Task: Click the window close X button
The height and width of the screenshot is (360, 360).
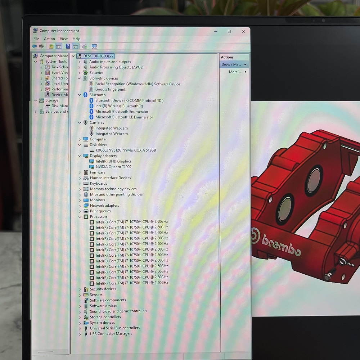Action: pyautogui.click(x=243, y=31)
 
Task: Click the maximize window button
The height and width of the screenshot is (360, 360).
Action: pyautogui.click(x=229, y=31)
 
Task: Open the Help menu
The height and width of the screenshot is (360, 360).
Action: pyautogui.click(x=76, y=39)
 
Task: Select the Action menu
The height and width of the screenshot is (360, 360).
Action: pyautogui.click(x=49, y=39)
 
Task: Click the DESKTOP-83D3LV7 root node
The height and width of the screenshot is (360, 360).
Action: pyautogui.click(x=98, y=56)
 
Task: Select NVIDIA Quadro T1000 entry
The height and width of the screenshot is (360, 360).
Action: pyautogui.click(x=113, y=167)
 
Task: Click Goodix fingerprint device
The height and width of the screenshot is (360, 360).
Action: pyautogui.click(x=110, y=89)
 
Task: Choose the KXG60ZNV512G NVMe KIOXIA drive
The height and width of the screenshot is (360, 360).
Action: pyautogui.click(x=126, y=150)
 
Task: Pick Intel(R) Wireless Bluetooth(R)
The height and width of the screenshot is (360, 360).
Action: pyautogui.click(x=119, y=106)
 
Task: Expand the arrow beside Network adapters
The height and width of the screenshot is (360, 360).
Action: pyautogui.click(x=80, y=206)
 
